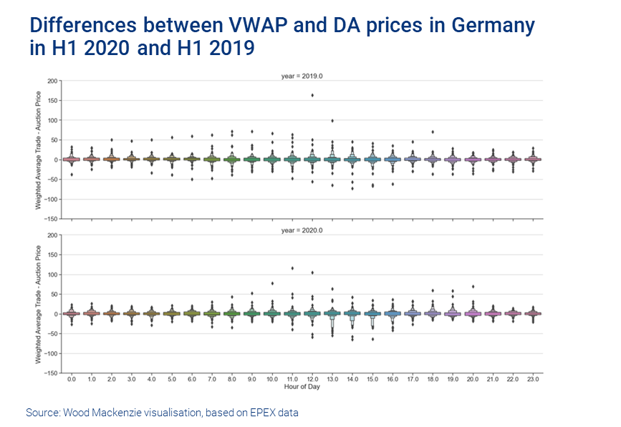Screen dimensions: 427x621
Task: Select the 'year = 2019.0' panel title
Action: pos(304,76)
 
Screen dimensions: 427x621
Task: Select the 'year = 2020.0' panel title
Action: pos(304,230)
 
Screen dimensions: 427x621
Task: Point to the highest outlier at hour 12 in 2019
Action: pos(312,95)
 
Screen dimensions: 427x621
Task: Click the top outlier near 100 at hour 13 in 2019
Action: pos(332,121)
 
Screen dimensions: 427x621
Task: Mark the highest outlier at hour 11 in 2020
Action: pos(292,268)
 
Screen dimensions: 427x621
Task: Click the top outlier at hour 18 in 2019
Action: pos(432,132)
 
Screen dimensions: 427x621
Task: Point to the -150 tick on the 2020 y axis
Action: pos(52,373)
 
